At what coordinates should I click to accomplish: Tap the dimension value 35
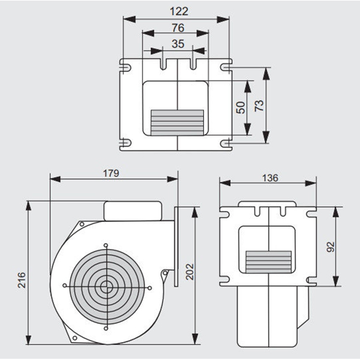[177, 43]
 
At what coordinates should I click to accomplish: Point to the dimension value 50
[241, 108]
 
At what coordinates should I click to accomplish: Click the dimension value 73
[259, 106]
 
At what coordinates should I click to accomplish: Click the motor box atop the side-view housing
[133, 210]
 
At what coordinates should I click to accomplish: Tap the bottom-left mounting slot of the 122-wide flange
[125, 143]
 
